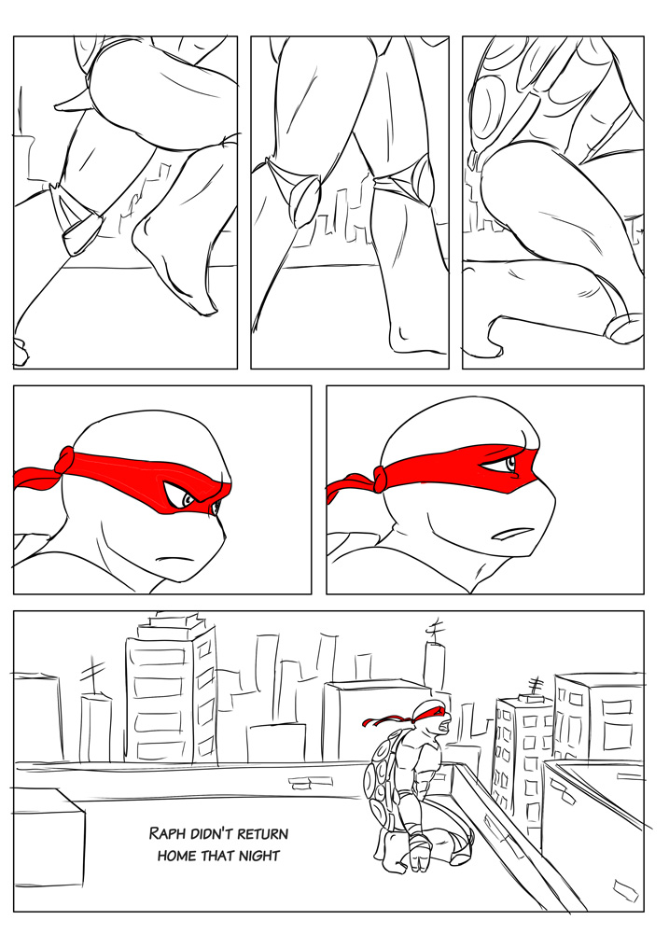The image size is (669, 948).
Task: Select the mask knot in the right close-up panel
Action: coord(381,480)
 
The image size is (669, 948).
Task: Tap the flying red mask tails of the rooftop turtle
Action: coord(385,719)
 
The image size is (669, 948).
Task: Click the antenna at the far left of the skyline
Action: coord(91,676)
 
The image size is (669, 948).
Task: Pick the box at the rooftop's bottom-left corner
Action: coord(49,838)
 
